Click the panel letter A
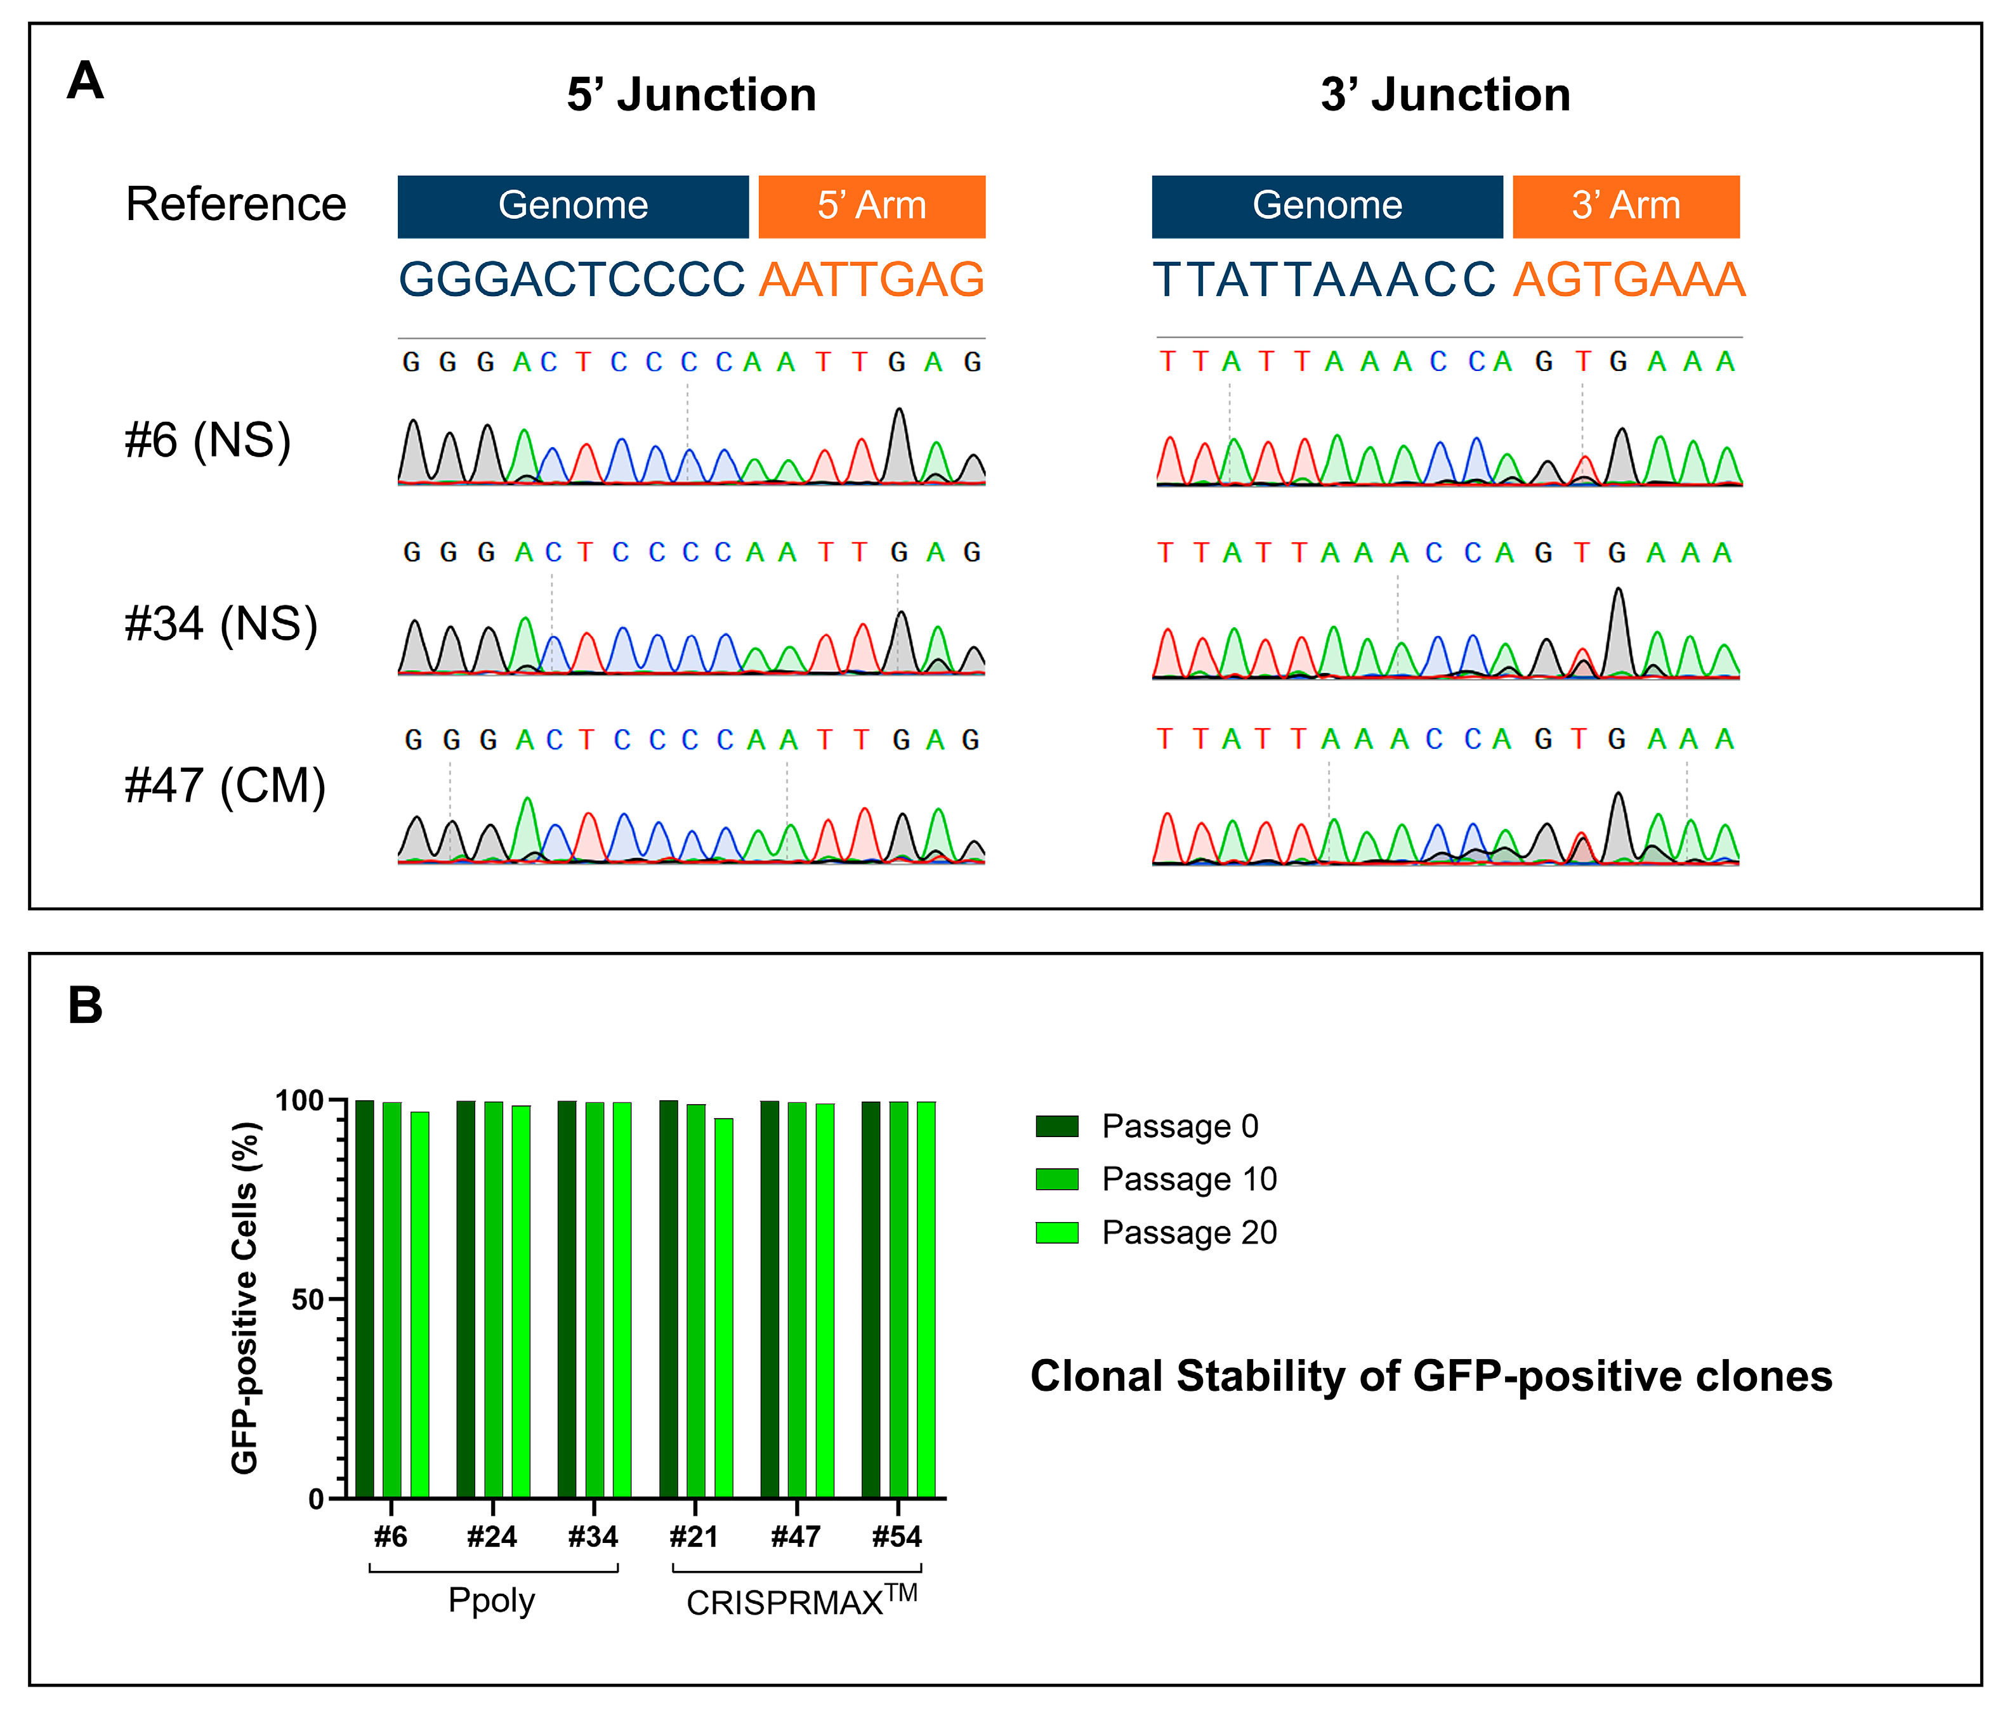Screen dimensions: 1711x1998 click(x=85, y=81)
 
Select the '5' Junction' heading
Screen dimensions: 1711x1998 click(x=692, y=95)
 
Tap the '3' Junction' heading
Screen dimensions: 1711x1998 click(x=1445, y=95)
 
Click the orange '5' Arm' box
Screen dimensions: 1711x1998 click(x=872, y=206)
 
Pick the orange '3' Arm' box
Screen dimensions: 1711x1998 click(x=1626, y=206)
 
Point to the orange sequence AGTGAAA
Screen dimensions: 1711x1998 click(x=1629, y=280)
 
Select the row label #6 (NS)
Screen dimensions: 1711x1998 click(x=207, y=441)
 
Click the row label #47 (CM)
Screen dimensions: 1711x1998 click(x=225, y=786)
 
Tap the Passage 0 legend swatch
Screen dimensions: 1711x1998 click(x=1057, y=1126)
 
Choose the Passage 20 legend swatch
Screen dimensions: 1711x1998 click(x=1057, y=1232)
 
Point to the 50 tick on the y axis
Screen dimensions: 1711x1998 click(x=308, y=1299)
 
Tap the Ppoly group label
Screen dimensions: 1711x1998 click(x=492, y=1601)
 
